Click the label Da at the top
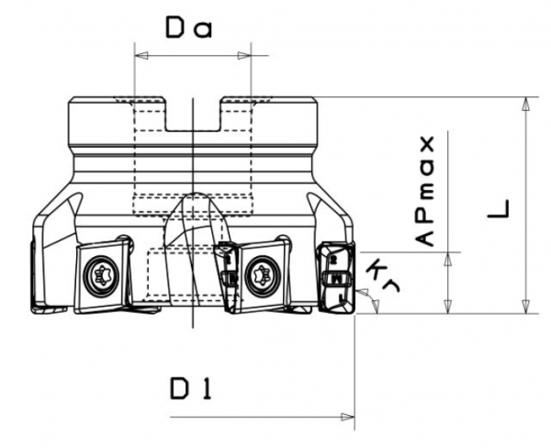[189, 28]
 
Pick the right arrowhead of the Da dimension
[244, 56]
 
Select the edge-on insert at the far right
[336, 275]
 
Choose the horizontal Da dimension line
[193, 56]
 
